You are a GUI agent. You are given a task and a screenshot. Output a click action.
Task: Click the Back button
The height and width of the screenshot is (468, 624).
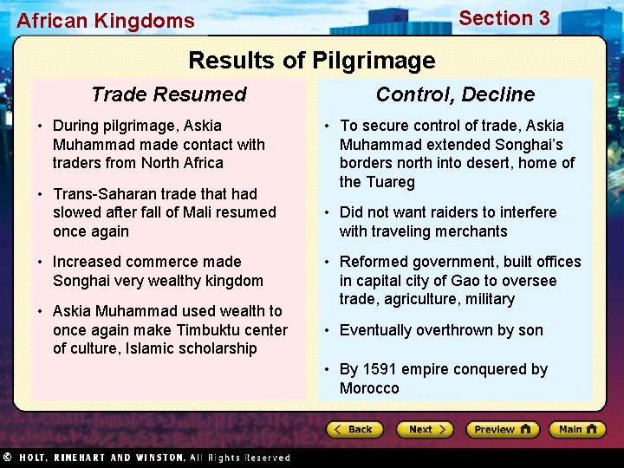(355, 429)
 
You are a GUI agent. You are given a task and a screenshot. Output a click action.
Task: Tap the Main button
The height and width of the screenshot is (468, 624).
(576, 429)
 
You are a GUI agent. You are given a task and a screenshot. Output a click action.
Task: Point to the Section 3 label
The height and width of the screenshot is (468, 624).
(504, 18)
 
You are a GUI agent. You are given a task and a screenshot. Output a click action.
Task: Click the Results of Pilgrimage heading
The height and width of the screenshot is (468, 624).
(311, 61)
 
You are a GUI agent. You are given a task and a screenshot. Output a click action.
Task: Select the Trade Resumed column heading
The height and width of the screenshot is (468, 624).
(169, 94)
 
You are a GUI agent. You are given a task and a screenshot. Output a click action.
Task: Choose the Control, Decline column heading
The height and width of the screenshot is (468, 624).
(455, 94)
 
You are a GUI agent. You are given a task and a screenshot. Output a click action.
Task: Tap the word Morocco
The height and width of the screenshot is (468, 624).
(369, 388)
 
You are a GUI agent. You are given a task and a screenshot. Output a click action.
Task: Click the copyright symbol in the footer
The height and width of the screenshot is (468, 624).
(7, 457)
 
